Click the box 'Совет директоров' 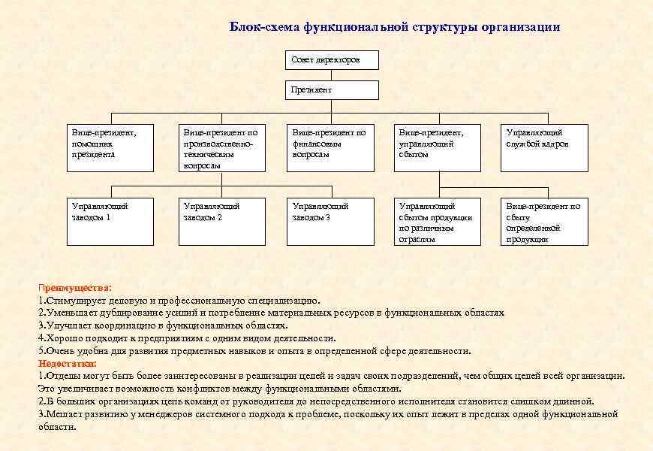click(x=333, y=60)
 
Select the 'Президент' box click(x=333, y=90)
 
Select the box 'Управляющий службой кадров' click(x=545, y=149)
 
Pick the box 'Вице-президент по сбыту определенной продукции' click(x=545, y=222)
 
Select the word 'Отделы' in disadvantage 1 click(x=61, y=376)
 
